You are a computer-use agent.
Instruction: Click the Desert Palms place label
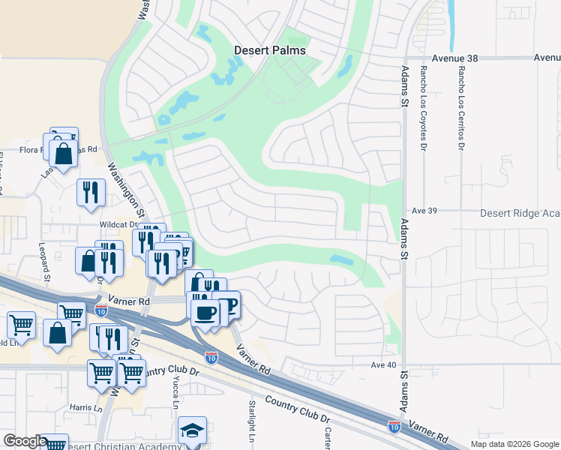pos(270,50)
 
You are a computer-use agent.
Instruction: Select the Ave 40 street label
pos(382,365)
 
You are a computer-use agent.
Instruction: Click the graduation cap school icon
pos(192,431)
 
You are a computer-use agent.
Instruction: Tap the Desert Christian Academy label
pos(124,446)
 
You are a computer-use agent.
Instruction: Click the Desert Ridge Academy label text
pos(520,213)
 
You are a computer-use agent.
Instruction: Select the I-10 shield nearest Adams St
pos(394,426)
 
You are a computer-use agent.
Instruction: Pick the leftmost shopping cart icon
pos(21,325)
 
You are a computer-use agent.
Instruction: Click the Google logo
pos(25,441)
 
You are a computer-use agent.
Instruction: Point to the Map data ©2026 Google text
pos(514,444)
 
